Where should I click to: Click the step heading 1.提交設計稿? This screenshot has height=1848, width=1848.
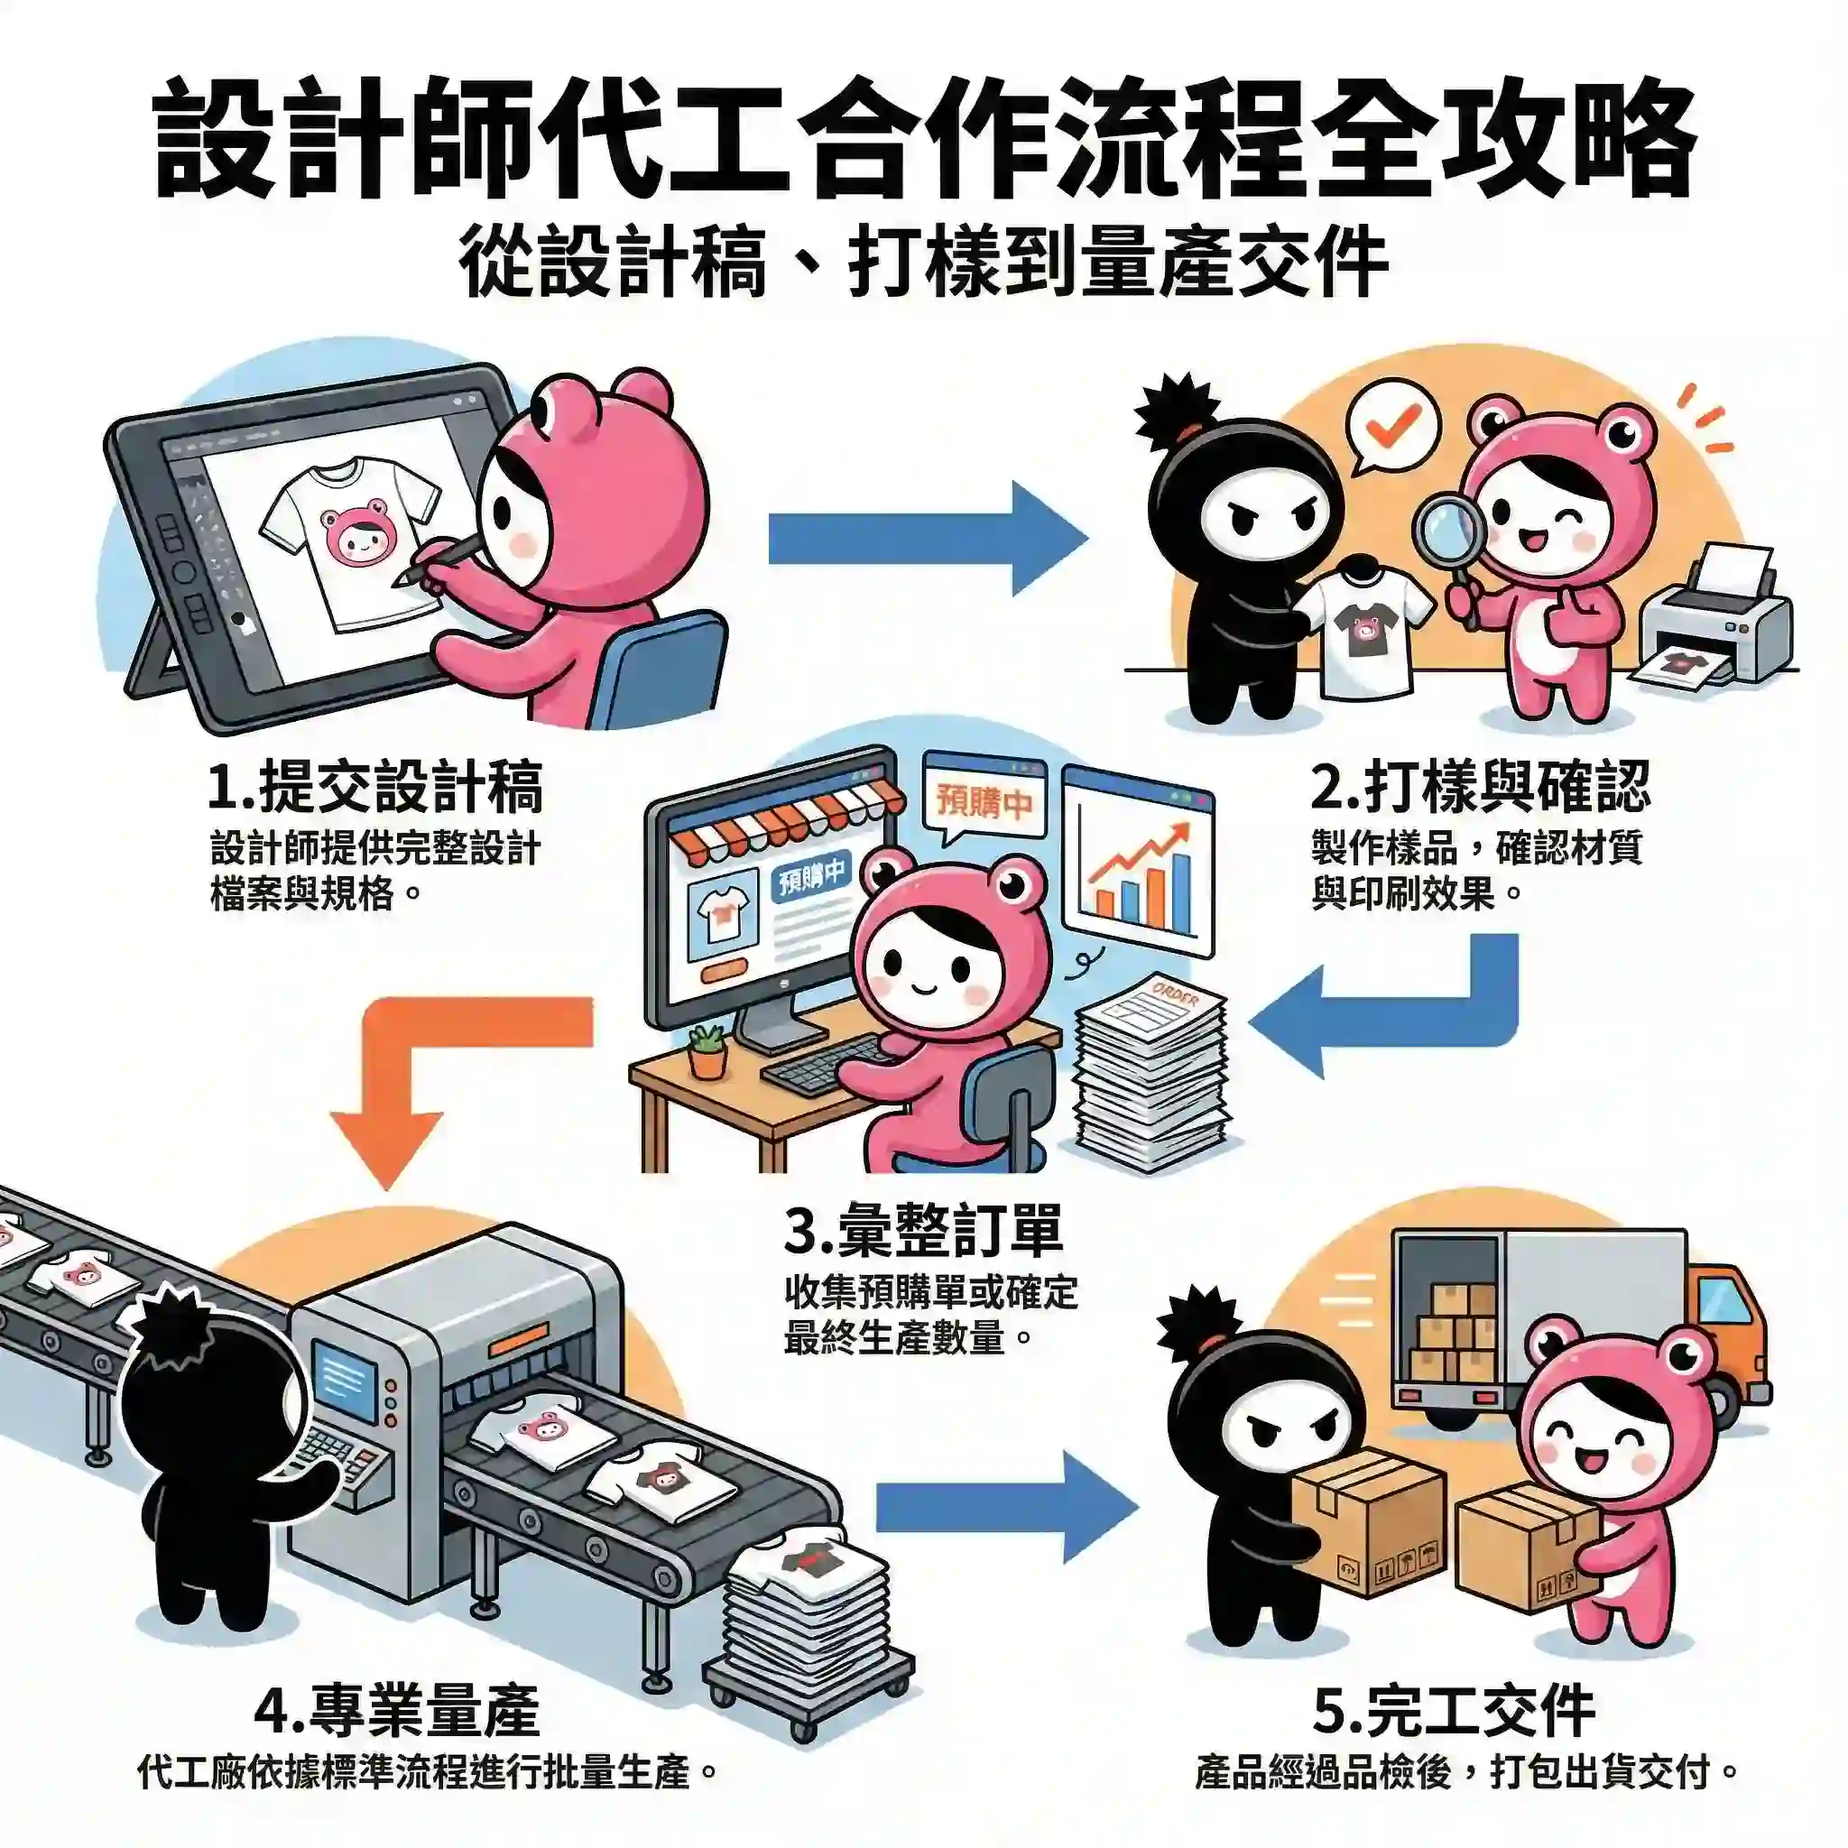pos(375,787)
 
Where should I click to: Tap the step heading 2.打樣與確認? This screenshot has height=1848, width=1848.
pos(1480,787)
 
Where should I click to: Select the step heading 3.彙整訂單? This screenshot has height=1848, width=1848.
pos(923,1233)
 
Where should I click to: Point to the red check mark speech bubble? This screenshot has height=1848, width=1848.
pos(1391,426)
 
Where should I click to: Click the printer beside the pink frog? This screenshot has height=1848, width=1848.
pos(1717,612)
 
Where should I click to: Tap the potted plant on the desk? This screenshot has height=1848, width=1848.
pos(707,1051)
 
